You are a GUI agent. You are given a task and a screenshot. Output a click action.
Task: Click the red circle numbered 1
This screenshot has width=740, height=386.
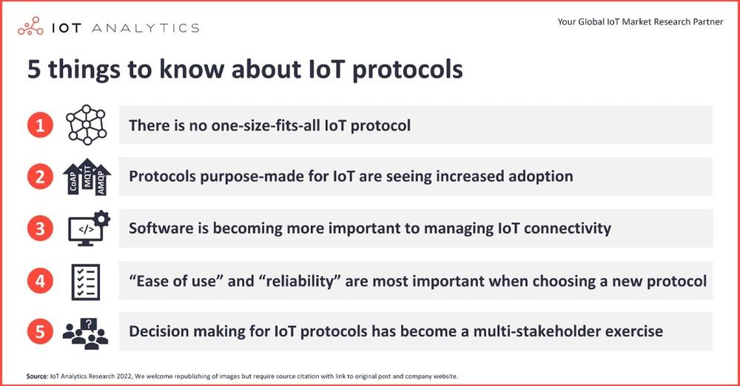40,125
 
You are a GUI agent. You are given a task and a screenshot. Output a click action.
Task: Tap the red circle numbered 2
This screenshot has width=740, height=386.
40,177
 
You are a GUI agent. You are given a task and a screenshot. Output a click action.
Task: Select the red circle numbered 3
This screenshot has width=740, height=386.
40,228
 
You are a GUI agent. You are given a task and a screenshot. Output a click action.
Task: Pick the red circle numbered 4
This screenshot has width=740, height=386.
40,281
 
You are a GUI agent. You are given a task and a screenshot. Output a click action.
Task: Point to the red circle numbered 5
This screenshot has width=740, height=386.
40,331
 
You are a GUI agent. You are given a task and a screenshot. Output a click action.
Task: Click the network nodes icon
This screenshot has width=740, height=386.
87,124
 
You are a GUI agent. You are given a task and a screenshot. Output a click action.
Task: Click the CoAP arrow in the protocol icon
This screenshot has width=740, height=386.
73,180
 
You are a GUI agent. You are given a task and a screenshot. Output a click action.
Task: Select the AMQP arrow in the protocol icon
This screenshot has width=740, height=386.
101,180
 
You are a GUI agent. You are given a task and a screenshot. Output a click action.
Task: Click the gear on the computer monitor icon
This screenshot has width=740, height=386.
102,218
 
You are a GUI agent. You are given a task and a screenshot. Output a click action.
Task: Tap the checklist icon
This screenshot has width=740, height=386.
86,282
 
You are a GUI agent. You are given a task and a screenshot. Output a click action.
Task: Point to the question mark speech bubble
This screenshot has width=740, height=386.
88,324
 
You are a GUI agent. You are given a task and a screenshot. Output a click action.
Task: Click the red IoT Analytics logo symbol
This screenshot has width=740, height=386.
30,27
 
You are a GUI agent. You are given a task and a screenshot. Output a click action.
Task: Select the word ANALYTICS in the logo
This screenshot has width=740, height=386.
145,28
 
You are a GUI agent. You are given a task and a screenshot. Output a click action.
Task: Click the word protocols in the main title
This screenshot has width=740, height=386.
408,70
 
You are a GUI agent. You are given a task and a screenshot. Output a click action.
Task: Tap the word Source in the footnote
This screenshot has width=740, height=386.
37,376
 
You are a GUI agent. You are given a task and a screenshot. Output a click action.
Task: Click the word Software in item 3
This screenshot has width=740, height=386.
161,228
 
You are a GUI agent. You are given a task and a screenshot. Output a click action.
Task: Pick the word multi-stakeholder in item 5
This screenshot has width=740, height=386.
537,331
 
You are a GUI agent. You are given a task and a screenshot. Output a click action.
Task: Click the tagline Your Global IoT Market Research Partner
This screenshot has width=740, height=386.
640,21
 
